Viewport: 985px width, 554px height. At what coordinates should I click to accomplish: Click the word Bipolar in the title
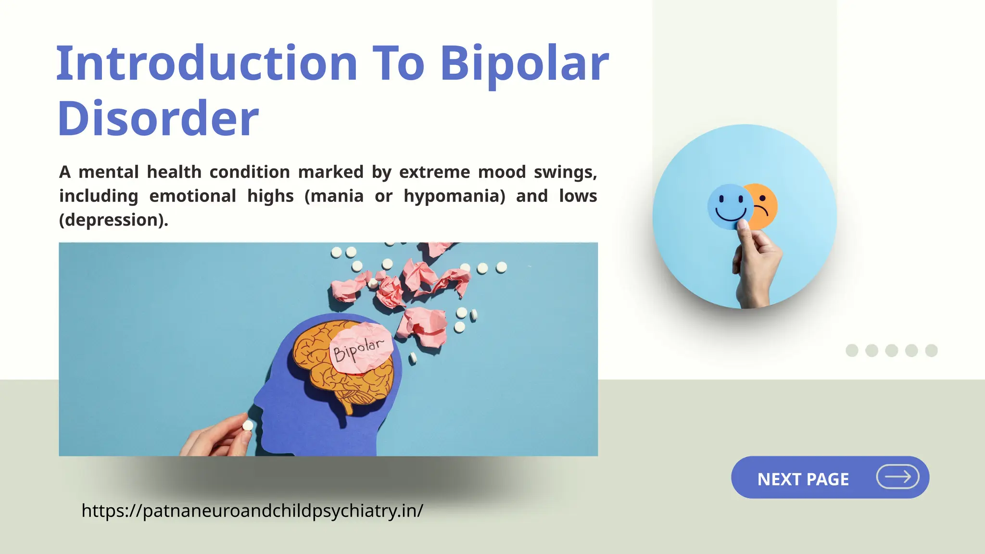524,63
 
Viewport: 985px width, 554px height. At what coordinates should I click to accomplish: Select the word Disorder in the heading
158,118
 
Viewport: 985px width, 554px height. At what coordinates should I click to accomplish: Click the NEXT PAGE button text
803,479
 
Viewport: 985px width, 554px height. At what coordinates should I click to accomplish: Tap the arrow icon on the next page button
897,477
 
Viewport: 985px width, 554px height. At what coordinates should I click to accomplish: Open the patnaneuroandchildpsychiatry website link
252,510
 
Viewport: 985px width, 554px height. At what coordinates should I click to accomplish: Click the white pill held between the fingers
248,426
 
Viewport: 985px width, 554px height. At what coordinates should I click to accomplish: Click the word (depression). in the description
114,220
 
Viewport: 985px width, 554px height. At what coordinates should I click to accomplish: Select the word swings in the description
565,172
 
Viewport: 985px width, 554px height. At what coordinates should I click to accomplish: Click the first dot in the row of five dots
852,351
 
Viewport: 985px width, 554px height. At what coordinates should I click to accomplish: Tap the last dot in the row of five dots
931,351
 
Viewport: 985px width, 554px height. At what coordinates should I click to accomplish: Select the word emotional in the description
192,196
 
